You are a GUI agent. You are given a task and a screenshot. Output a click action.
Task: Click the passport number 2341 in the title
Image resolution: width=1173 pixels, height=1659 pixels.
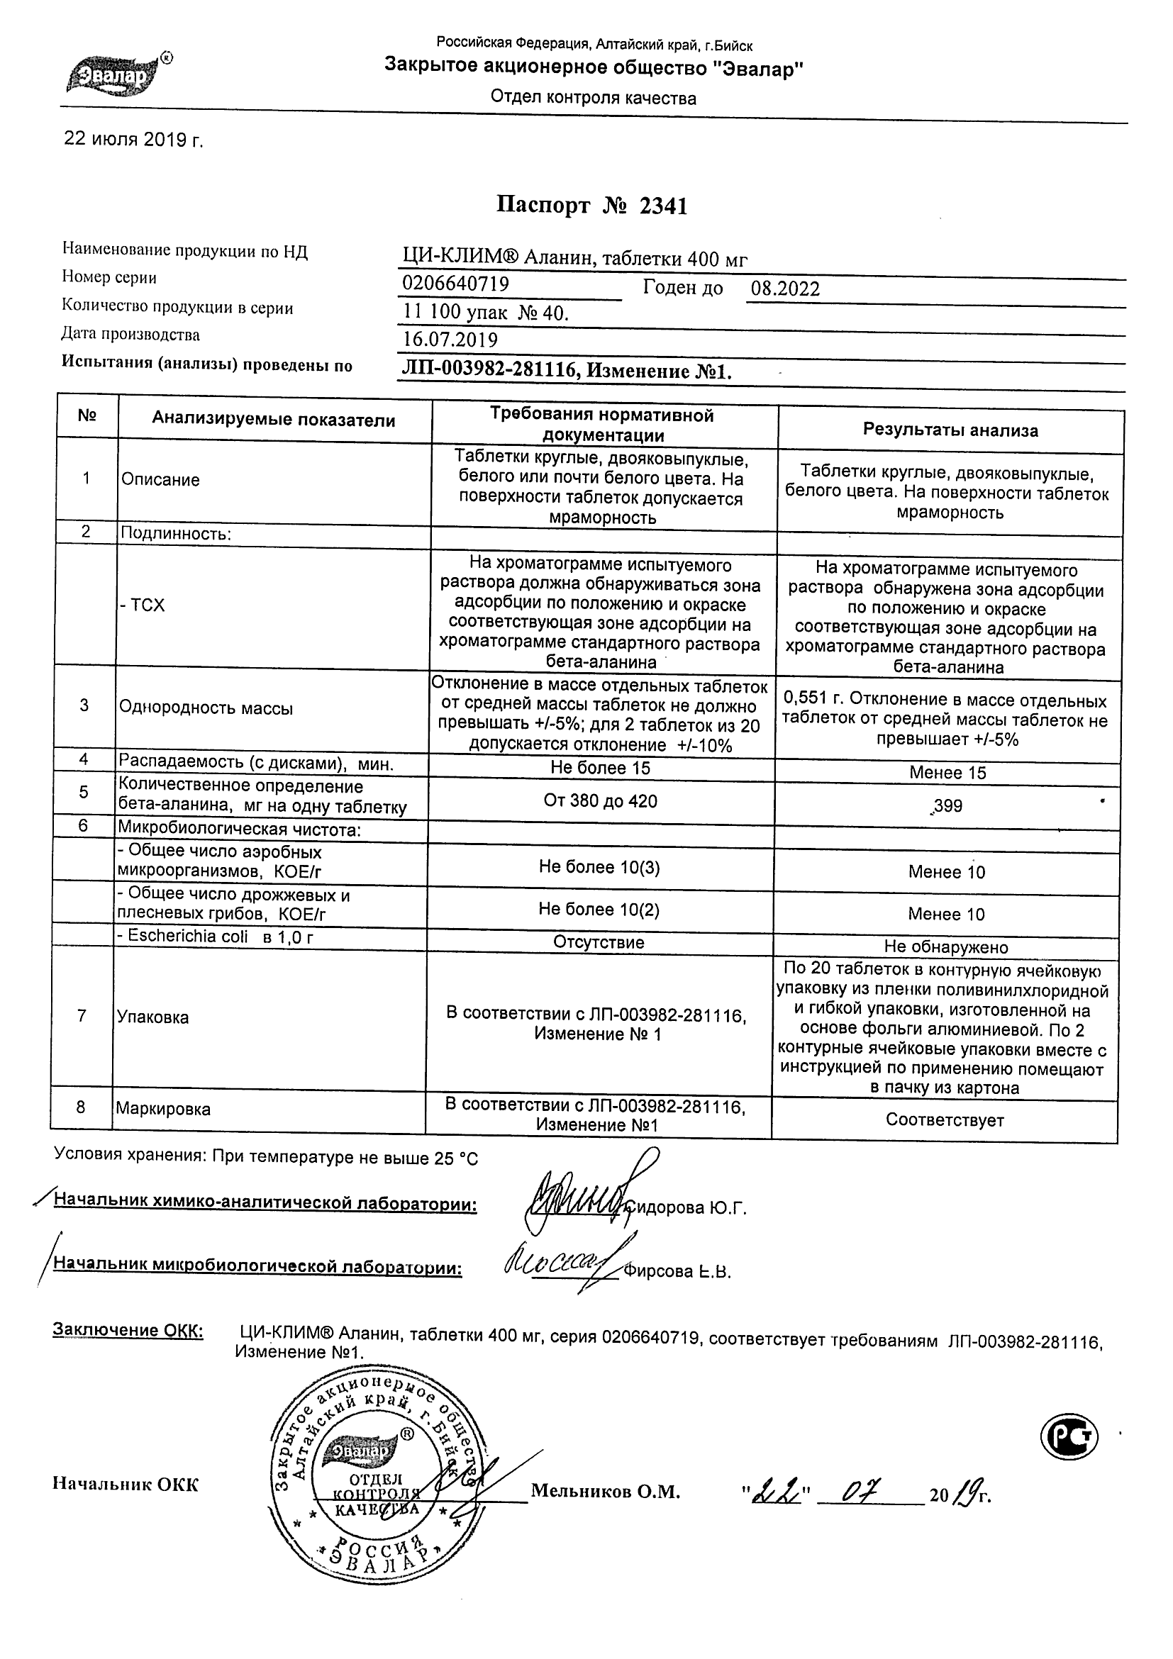[x=663, y=206]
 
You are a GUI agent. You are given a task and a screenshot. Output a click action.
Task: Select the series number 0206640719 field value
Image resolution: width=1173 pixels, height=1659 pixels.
[x=455, y=284]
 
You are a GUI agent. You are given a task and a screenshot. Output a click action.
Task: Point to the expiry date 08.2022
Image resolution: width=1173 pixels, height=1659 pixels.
[x=785, y=290]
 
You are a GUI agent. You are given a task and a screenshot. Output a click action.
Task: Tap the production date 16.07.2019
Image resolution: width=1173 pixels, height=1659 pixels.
[x=450, y=340]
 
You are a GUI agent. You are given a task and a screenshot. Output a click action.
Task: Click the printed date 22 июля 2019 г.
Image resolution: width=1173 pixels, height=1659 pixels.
[x=134, y=140]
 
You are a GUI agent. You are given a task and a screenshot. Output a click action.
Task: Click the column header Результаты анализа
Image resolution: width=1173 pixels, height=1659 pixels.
[x=950, y=430]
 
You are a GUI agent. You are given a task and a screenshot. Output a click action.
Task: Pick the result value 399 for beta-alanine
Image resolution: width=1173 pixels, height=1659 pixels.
[x=947, y=805]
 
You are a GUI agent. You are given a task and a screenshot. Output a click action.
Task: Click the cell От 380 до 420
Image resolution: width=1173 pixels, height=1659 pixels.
[x=600, y=800]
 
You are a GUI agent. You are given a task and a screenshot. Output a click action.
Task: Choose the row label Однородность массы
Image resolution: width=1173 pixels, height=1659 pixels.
[x=206, y=708]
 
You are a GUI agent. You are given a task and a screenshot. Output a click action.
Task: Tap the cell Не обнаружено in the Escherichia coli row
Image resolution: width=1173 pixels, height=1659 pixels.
[x=945, y=946]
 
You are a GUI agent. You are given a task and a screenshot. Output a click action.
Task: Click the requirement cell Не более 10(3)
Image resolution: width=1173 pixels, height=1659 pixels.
[x=599, y=867]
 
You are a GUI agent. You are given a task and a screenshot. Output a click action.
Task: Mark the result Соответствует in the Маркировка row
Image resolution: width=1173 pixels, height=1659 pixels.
[x=945, y=1120]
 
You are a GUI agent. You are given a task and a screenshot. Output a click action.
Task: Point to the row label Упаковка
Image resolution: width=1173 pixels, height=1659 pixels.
[x=152, y=1017]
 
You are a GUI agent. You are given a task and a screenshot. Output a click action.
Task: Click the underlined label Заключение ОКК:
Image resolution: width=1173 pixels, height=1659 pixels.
[x=128, y=1331]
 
